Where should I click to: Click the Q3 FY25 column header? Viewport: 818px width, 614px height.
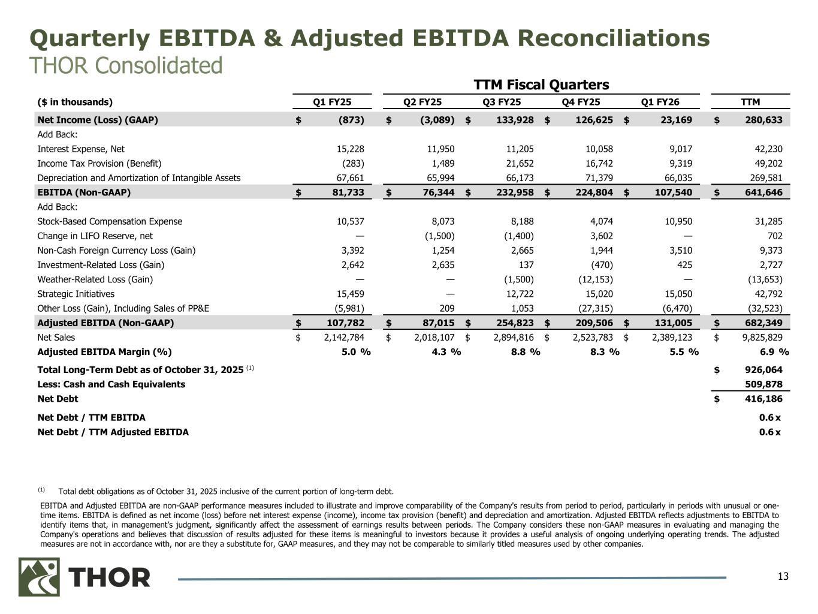[x=502, y=102]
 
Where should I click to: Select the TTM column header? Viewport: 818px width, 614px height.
[x=750, y=102]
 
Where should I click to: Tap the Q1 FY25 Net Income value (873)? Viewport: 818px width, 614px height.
[x=352, y=120]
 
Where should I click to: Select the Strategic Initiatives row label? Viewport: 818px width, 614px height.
[x=76, y=294]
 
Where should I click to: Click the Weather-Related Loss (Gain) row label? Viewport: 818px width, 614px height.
[x=95, y=279]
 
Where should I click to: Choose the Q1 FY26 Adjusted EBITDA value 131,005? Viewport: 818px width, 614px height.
[x=672, y=323]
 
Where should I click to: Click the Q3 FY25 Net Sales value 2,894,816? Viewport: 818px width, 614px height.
[x=509, y=338]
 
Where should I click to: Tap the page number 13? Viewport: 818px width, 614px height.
[x=783, y=577]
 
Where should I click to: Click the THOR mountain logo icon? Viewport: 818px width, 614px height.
[x=39, y=577]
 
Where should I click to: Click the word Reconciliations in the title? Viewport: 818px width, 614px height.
[x=614, y=38]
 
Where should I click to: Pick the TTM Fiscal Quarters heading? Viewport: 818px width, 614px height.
[x=541, y=85]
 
